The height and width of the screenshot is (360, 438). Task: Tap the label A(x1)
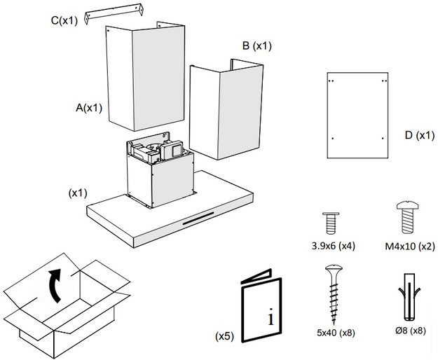click(x=90, y=108)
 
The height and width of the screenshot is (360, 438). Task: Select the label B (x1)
click(x=256, y=46)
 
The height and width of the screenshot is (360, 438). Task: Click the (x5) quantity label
click(x=224, y=335)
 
